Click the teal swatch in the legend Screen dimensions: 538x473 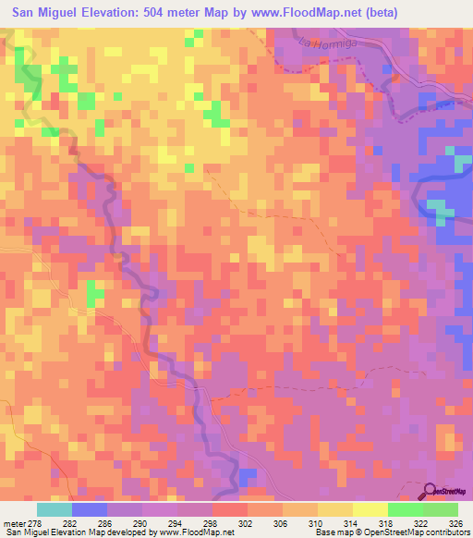click(x=55, y=509)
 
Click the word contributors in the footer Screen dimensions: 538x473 click(x=448, y=533)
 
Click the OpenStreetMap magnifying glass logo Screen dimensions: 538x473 click(x=430, y=492)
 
